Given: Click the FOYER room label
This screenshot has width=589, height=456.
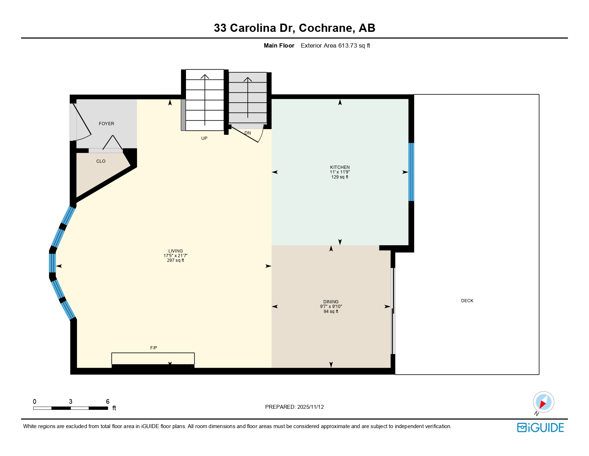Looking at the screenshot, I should tap(106, 124).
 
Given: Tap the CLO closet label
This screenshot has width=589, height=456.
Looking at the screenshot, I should tap(101, 161).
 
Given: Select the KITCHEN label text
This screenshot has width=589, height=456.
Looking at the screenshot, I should tap(340, 167).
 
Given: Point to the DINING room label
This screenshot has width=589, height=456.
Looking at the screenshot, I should tap(331, 302).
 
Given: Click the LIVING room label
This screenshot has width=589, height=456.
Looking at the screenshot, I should tap(176, 251).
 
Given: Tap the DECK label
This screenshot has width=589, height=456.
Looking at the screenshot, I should tap(467, 301).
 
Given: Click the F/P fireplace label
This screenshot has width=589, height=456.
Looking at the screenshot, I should tap(153, 348).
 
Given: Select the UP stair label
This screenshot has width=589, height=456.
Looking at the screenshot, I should tap(204, 138).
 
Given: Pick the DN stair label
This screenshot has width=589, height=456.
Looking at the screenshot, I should tap(247, 133).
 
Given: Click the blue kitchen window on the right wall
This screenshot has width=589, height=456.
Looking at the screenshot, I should tap(411, 172).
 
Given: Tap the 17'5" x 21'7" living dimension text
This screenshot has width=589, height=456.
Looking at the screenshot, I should tap(176, 256).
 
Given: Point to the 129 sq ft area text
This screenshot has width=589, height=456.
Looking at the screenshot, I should tap(340, 177).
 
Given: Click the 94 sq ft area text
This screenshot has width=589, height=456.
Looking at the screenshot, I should tap(331, 312).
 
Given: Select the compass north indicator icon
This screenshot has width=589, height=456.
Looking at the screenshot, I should tap(543, 402).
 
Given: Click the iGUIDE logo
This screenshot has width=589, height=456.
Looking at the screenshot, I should tap(540, 428).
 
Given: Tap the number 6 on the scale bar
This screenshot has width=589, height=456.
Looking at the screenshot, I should tap(107, 402).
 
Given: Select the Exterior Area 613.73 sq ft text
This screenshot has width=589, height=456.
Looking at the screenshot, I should tap(335, 45).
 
